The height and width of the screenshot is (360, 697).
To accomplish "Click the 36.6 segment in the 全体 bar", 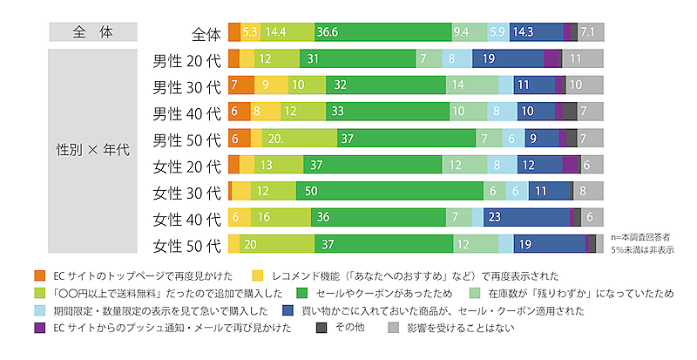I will tap(383, 32).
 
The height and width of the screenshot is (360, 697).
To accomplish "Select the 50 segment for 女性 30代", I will tap(389, 191).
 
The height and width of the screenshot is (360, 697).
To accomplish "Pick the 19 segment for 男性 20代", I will tap(508, 59).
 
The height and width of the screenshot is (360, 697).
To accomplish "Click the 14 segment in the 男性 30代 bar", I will tap(472, 85).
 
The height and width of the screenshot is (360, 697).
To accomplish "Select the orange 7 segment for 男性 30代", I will tap(236, 85).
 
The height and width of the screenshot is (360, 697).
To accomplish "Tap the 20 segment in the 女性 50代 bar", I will tap(271, 244).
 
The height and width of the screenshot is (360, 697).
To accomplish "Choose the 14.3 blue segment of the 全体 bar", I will tap(536, 32).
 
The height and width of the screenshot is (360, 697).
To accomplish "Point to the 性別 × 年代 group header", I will tap(92, 149).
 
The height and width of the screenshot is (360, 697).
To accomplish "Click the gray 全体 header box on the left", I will tap(92, 32).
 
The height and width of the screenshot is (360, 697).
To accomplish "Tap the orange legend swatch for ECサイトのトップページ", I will tap(39, 275).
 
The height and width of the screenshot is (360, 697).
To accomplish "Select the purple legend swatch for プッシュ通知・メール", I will tap(39, 328).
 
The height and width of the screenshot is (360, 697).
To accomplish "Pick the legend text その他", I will tap(350, 328).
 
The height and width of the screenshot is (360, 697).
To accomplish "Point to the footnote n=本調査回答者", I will tap(644, 236).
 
